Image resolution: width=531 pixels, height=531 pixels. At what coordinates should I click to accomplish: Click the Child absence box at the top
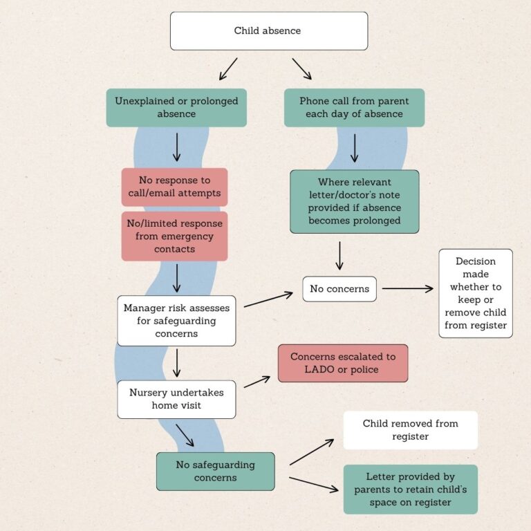tap(268, 31)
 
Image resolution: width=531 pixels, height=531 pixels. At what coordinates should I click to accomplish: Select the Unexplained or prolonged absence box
tap(176, 107)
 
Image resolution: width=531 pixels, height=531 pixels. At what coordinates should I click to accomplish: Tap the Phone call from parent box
tap(354, 107)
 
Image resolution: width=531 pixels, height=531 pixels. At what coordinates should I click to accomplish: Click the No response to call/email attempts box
tap(174, 187)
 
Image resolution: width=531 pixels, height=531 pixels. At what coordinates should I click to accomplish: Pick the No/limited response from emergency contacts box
tap(174, 236)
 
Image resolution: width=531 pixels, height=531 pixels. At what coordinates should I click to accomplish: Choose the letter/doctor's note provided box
tap(354, 201)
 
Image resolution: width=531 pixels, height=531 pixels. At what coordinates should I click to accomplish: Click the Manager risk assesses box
tap(176, 321)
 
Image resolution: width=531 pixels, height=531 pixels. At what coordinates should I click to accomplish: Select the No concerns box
tap(339, 289)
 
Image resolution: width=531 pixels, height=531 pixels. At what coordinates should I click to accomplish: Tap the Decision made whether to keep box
tap(476, 293)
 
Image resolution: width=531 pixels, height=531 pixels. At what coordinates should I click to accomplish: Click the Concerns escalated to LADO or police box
tap(343, 363)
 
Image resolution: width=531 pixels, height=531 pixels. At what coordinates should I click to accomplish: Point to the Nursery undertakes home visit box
tap(176, 399)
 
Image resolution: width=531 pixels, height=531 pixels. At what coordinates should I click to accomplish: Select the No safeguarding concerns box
tap(215, 472)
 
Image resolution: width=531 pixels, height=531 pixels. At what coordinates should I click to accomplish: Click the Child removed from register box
tap(410, 430)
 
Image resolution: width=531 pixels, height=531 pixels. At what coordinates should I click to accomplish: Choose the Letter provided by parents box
tap(410, 490)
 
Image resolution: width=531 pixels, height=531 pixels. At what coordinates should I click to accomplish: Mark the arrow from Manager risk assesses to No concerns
tap(268, 299)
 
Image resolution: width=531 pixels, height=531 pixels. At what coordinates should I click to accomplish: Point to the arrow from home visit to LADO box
tap(257, 382)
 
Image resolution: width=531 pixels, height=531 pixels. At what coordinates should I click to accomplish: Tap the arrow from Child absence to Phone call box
tap(301, 68)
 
